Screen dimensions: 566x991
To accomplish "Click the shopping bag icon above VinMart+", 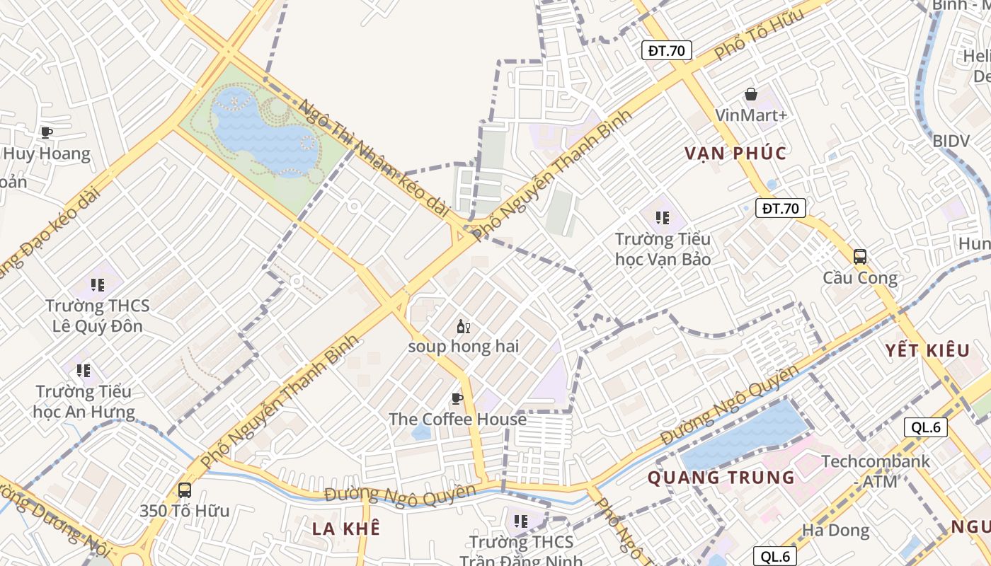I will [x=751, y=94].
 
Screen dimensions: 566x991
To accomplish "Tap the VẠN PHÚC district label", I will [x=735, y=154].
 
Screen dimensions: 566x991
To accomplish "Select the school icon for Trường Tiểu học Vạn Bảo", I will [x=663, y=217].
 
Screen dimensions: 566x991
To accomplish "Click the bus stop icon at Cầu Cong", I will [x=860, y=256].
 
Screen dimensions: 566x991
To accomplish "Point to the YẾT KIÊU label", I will [x=927, y=350].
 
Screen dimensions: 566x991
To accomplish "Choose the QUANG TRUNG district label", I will [x=721, y=478].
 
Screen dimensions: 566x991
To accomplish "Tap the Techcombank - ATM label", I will [x=876, y=471].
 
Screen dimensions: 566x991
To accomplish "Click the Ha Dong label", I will [x=835, y=530].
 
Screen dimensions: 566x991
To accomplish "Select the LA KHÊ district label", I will [x=346, y=529].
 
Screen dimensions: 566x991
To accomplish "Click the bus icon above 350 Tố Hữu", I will [x=185, y=490].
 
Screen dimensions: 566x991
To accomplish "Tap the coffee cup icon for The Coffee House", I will [x=457, y=398].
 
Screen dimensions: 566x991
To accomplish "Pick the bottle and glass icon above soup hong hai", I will [x=464, y=326].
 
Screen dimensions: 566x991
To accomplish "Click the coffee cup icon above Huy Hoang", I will [x=47, y=132].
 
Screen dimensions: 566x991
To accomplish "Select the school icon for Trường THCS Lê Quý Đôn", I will [x=98, y=284].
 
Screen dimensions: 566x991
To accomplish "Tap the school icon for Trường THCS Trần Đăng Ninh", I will [x=521, y=521].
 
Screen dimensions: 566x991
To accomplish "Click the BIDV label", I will [x=951, y=141].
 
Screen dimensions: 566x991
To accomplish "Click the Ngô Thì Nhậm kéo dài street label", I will [x=374, y=158].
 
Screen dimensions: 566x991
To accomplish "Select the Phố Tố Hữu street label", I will [x=759, y=34].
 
